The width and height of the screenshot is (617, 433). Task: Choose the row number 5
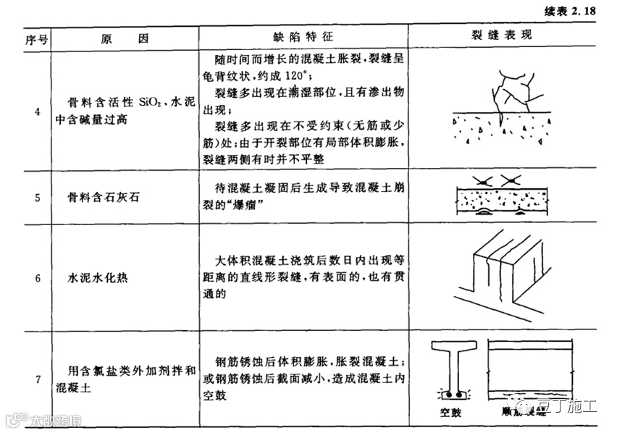pyautogui.click(x=36, y=196)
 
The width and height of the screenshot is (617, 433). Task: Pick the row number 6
pyautogui.click(x=36, y=278)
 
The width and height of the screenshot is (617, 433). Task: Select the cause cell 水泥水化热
pyautogui.click(x=97, y=278)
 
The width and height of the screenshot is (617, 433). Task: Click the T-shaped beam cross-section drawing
pyautogui.click(x=453, y=369)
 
